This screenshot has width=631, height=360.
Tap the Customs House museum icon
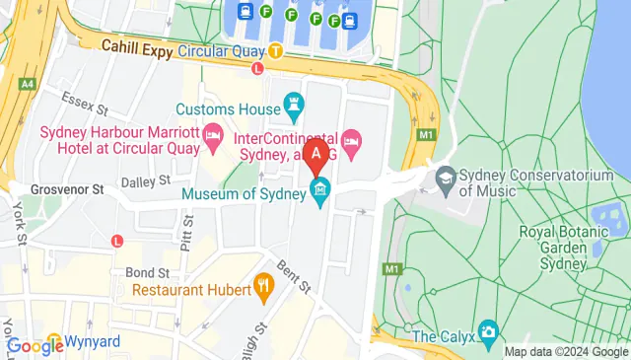click(x=293, y=103)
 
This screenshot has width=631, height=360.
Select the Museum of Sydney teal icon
click(x=320, y=190)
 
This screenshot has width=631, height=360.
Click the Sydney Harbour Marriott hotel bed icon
click(x=212, y=133)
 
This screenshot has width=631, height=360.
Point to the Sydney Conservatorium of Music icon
click(x=446, y=176)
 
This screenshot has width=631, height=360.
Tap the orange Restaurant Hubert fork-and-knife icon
click(x=263, y=286)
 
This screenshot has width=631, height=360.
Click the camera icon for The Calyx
click(x=487, y=331)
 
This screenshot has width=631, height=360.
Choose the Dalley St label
click(x=145, y=182)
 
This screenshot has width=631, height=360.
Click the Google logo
click(x=35, y=345)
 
